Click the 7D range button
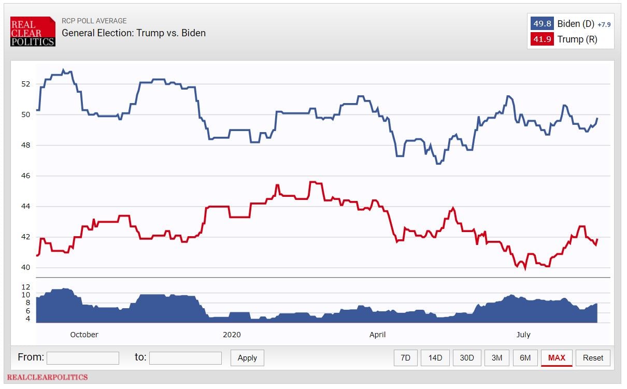click(405, 358)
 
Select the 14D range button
click(435, 358)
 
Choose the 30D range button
click(466, 358)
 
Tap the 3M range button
click(496, 358)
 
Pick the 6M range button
click(525, 358)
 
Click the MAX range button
click(557, 358)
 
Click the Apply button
click(247, 358)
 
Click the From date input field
click(83, 358)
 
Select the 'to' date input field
click(186, 358)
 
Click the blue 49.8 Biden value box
click(542, 24)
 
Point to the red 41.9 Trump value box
click(542, 39)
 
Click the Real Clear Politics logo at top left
click(33, 32)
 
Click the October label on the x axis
click(84, 335)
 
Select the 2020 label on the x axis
click(232, 335)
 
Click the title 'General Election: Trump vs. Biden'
click(134, 33)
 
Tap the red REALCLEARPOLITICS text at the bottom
click(47, 377)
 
